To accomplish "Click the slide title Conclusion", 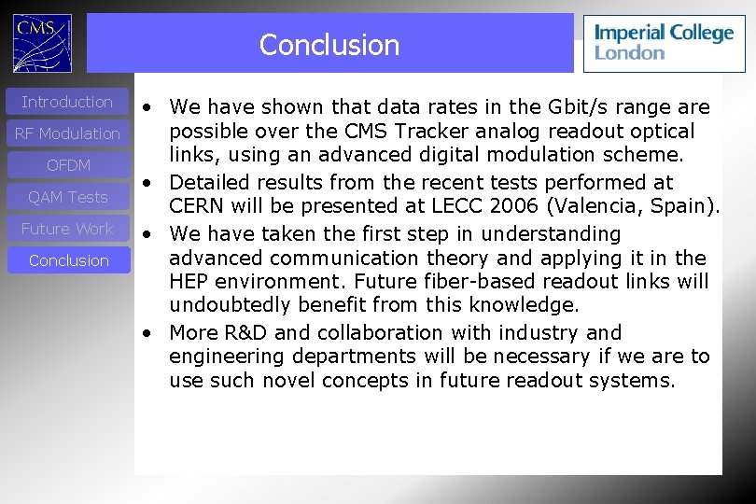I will click(x=329, y=45).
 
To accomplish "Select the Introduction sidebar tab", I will click(x=67, y=102).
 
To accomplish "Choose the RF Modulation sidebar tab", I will click(x=67, y=133).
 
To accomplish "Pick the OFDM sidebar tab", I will click(x=68, y=165).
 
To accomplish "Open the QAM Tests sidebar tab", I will click(x=67, y=197).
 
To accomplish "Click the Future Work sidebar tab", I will click(x=67, y=229).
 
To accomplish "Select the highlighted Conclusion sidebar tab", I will click(x=68, y=260).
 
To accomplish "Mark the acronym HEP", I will click(x=189, y=282).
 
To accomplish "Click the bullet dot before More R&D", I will click(x=147, y=333).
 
